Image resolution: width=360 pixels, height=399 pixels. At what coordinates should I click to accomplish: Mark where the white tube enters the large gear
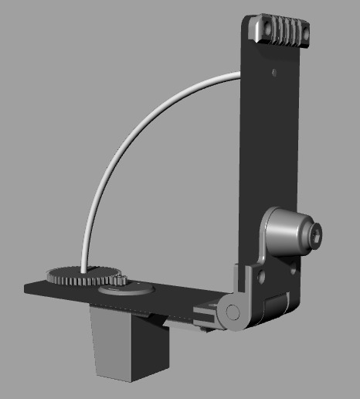[x=82, y=267]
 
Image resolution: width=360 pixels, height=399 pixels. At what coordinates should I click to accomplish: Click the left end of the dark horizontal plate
[x=31, y=287]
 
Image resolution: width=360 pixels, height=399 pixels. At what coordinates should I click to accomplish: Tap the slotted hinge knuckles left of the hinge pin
[x=206, y=315]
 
